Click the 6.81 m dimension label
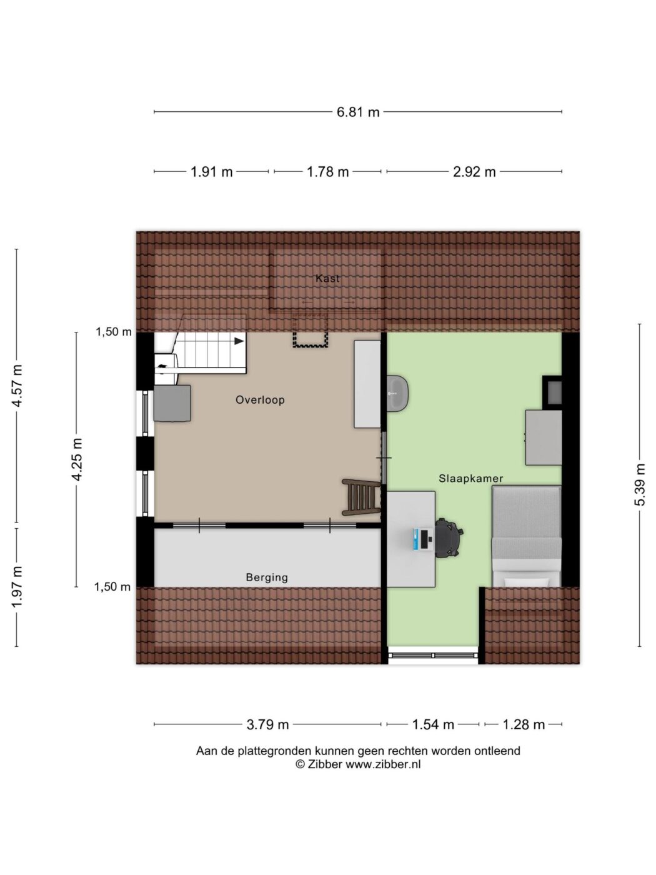[x=357, y=112]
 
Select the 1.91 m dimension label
[x=212, y=172]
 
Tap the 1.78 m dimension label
[x=327, y=172]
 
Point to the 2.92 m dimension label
[x=474, y=172]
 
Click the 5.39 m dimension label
[x=639, y=484]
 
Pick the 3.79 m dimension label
[x=267, y=724]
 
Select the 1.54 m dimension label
[x=433, y=724]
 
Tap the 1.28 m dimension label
[x=524, y=724]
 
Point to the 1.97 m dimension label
[x=17, y=586]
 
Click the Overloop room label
[x=260, y=400]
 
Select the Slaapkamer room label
[x=471, y=478]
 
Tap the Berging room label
[x=267, y=577]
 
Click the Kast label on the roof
[x=327, y=278]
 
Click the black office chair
[x=449, y=537]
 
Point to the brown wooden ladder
[x=362, y=497]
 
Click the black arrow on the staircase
[x=239, y=341]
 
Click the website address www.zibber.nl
[x=383, y=764]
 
